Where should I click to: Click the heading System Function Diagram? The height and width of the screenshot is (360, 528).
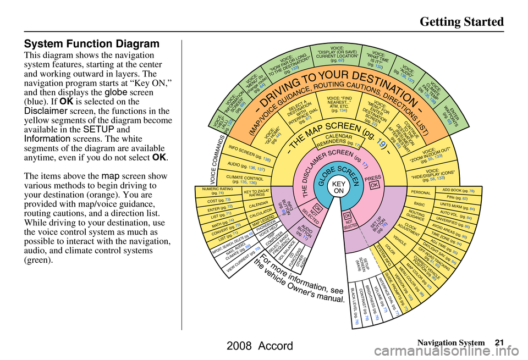pos(92,43)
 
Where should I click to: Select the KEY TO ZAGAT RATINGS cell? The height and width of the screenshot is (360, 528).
pos(256,193)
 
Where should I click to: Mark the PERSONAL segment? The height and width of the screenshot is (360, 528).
pos(421,193)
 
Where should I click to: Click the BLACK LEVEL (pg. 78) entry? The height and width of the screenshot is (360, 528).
pos(354,311)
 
